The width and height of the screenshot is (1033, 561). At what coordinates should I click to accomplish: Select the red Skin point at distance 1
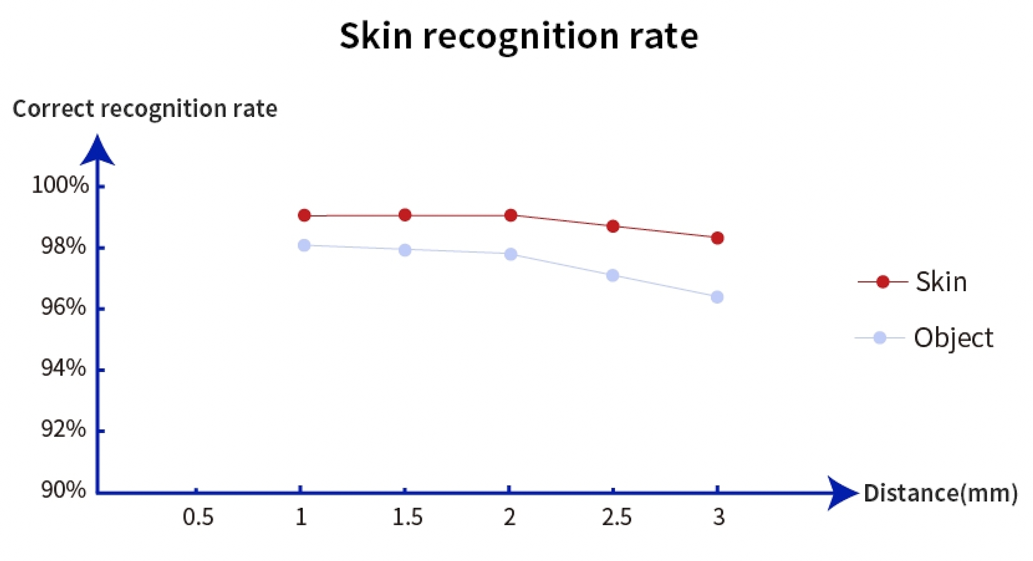point(304,215)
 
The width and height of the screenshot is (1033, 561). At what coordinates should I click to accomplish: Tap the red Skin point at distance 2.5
point(613,226)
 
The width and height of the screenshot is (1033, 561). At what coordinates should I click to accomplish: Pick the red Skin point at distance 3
point(717,238)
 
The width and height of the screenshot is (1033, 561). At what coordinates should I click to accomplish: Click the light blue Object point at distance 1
point(304,245)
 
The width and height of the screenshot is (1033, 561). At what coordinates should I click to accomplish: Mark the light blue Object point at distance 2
point(510,254)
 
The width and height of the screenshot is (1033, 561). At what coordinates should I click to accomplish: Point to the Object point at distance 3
point(717,297)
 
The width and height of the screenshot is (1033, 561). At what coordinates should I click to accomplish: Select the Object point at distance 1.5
point(405,250)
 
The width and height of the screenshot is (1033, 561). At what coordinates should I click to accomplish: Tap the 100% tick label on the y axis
point(60,186)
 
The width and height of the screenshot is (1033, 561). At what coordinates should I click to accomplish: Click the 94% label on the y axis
point(63,368)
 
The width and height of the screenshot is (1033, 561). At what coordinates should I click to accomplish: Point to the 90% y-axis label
point(63,490)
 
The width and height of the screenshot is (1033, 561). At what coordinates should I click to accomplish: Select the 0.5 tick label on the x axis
point(198,517)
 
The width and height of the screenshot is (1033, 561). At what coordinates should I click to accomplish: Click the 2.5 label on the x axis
point(617,517)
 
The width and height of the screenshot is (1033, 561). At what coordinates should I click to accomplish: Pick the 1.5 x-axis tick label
point(407,517)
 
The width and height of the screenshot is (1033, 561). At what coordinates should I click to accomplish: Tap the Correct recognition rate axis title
point(145,109)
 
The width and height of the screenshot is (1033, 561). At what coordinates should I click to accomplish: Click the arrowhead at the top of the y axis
point(97,151)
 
